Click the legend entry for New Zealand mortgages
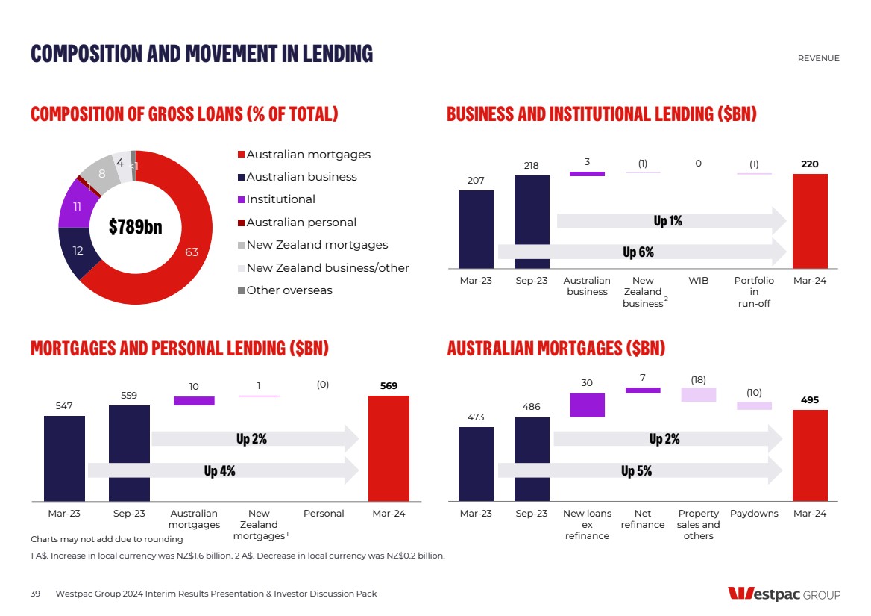click(x=317, y=245)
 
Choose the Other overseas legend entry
click(x=289, y=290)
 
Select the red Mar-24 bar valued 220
click(x=810, y=221)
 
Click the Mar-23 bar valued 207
click(x=476, y=229)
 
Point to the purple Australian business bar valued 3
click(x=587, y=174)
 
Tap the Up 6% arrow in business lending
click(x=641, y=252)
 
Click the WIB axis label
click(x=698, y=281)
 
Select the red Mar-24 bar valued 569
click(x=389, y=448)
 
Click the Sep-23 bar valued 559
click(x=129, y=452)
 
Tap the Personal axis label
click(x=324, y=514)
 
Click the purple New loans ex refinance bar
click(x=587, y=405)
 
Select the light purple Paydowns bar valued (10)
click(x=754, y=405)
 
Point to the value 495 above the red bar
click(x=810, y=400)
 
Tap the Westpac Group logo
click(x=784, y=594)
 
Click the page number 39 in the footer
click(x=35, y=594)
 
